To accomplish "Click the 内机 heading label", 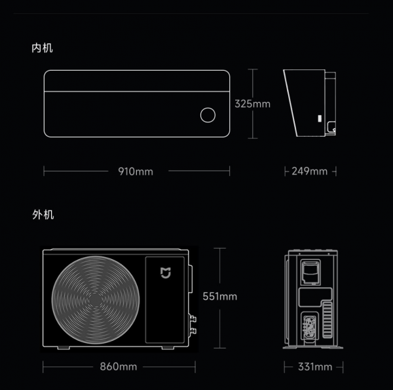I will (42, 48).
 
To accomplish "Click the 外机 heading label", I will (42, 215).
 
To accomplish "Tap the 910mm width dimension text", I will (136, 171).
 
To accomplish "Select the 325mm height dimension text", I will (252, 104).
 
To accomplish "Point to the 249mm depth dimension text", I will (309, 171).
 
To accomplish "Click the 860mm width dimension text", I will (119, 366).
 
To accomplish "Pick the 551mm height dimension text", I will (219, 296).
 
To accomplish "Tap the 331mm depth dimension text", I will (314, 366).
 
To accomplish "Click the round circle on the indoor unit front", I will (208, 115).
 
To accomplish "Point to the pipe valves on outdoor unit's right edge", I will (193, 325).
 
